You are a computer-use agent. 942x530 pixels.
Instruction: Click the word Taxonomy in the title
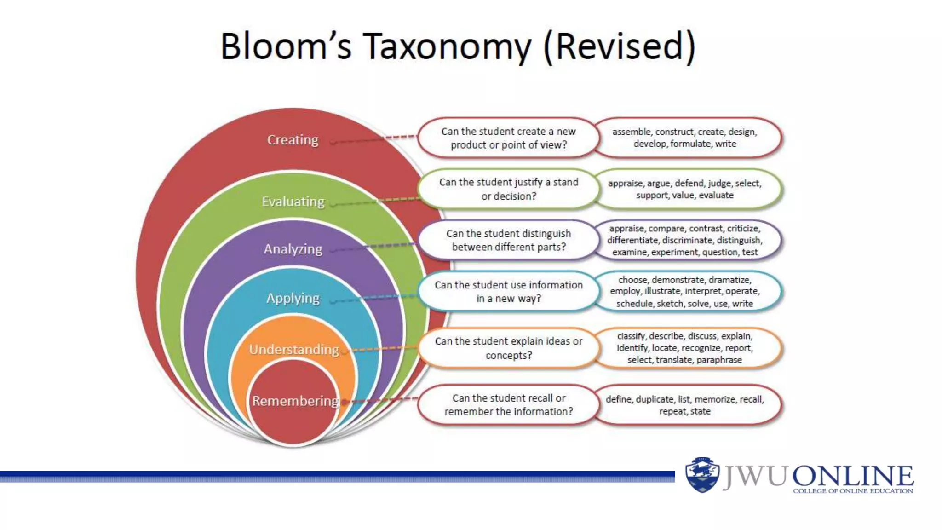click(x=447, y=47)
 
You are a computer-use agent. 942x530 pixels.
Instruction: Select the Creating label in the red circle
click(x=293, y=139)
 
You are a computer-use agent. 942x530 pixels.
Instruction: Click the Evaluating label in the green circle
click(x=293, y=202)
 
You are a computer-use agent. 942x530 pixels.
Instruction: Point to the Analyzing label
click(x=293, y=249)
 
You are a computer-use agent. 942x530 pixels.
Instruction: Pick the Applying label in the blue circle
click(x=293, y=298)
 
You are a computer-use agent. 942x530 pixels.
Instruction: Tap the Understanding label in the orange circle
click(x=294, y=350)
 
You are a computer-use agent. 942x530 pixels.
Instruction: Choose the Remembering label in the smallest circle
click(x=295, y=401)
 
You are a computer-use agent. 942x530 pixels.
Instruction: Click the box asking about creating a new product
click(x=508, y=138)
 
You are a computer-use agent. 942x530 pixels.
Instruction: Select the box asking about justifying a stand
click(x=508, y=189)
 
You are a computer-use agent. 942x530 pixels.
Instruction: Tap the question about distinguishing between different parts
click(x=508, y=240)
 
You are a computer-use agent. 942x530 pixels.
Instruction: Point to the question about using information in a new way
click(x=508, y=292)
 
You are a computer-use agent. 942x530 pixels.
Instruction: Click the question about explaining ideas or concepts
click(x=508, y=348)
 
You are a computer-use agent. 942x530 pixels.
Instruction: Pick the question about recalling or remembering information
click(x=508, y=405)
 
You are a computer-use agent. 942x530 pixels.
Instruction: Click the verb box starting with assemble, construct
click(x=684, y=138)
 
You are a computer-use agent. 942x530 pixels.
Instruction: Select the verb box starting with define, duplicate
click(x=684, y=405)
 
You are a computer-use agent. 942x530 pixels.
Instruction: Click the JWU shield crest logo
click(x=702, y=475)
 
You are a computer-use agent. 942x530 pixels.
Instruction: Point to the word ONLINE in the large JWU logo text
click(x=853, y=476)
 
